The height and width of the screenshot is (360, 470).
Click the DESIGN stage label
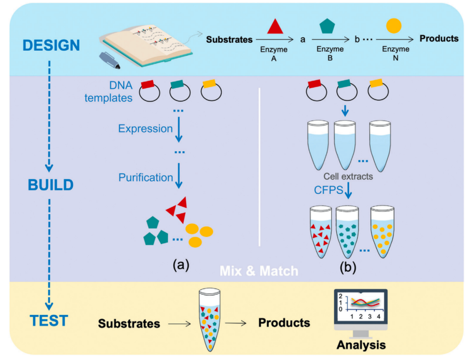click(51, 45)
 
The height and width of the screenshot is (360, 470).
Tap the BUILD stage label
click(51, 185)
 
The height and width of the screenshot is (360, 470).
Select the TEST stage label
click(49, 321)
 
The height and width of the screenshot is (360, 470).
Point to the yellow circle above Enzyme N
click(394, 26)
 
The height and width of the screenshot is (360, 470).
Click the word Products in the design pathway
click(439, 38)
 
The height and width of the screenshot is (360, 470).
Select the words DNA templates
click(109, 91)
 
